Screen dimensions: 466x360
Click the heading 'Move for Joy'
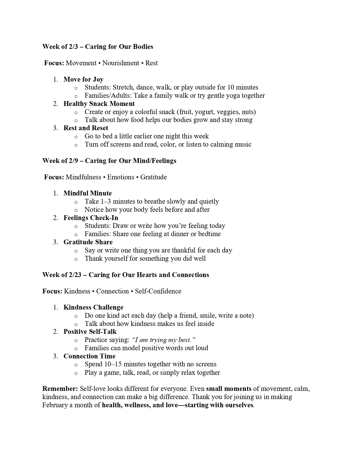(x=83, y=79)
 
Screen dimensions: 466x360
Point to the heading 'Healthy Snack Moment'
(x=99, y=104)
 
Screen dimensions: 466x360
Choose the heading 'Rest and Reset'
(x=86, y=128)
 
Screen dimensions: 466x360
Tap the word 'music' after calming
(x=243, y=145)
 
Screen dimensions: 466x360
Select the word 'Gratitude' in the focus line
(x=153, y=177)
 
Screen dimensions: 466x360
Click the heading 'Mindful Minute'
(x=88, y=193)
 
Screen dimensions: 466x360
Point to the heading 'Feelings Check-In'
(x=91, y=218)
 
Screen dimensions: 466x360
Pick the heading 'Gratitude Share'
(x=88, y=242)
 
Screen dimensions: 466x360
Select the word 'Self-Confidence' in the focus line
(x=158, y=291)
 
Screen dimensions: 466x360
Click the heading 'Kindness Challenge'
(x=93, y=307)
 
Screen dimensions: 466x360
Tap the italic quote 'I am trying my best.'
(x=164, y=340)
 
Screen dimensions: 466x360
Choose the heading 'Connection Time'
(x=89, y=356)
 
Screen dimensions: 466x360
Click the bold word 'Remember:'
(x=60, y=389)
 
